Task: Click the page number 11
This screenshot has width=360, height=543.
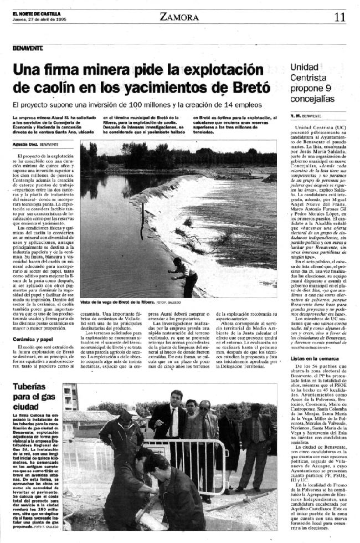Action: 340,17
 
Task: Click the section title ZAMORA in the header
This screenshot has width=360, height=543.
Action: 179,17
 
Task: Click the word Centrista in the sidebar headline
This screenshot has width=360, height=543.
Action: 307,78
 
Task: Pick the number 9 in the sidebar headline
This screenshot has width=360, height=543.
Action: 328,88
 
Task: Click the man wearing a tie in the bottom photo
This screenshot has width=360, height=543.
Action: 169,427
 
